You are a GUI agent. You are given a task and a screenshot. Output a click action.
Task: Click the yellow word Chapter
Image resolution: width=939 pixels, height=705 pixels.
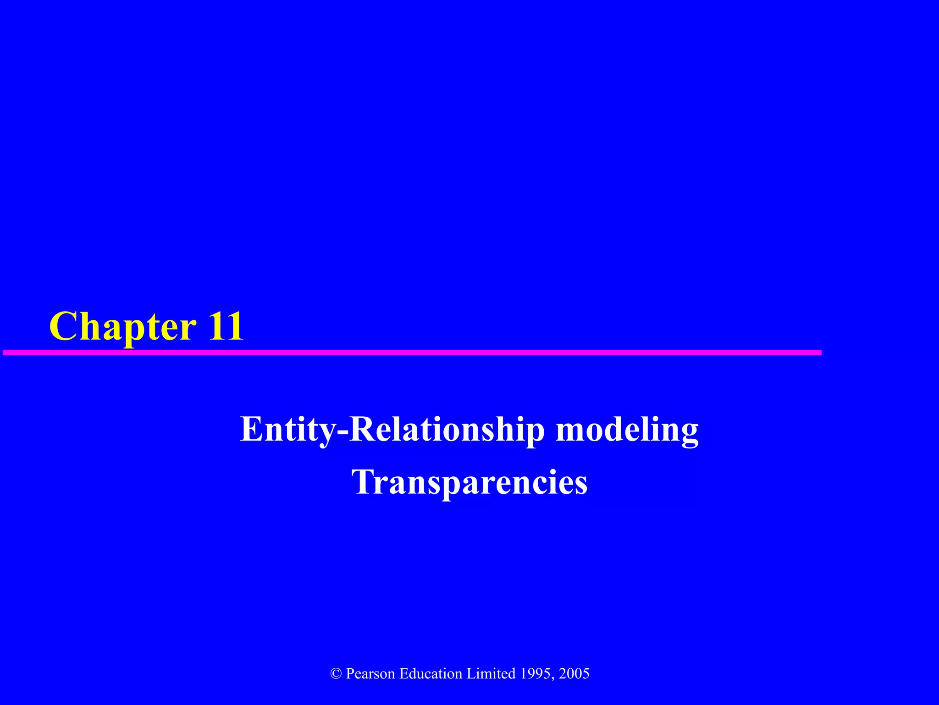point(123,327)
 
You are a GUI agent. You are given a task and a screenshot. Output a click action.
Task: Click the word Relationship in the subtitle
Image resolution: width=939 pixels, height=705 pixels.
point(447,429)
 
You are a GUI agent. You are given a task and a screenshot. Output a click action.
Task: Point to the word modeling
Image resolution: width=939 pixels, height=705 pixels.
point(627,430)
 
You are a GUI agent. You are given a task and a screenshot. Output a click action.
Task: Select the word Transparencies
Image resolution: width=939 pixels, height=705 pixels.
point(469,482)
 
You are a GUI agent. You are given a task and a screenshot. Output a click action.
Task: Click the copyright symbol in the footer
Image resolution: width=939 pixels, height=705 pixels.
point(336,674)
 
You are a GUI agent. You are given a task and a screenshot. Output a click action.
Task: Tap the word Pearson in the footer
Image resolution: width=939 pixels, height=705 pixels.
point(370,674)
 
